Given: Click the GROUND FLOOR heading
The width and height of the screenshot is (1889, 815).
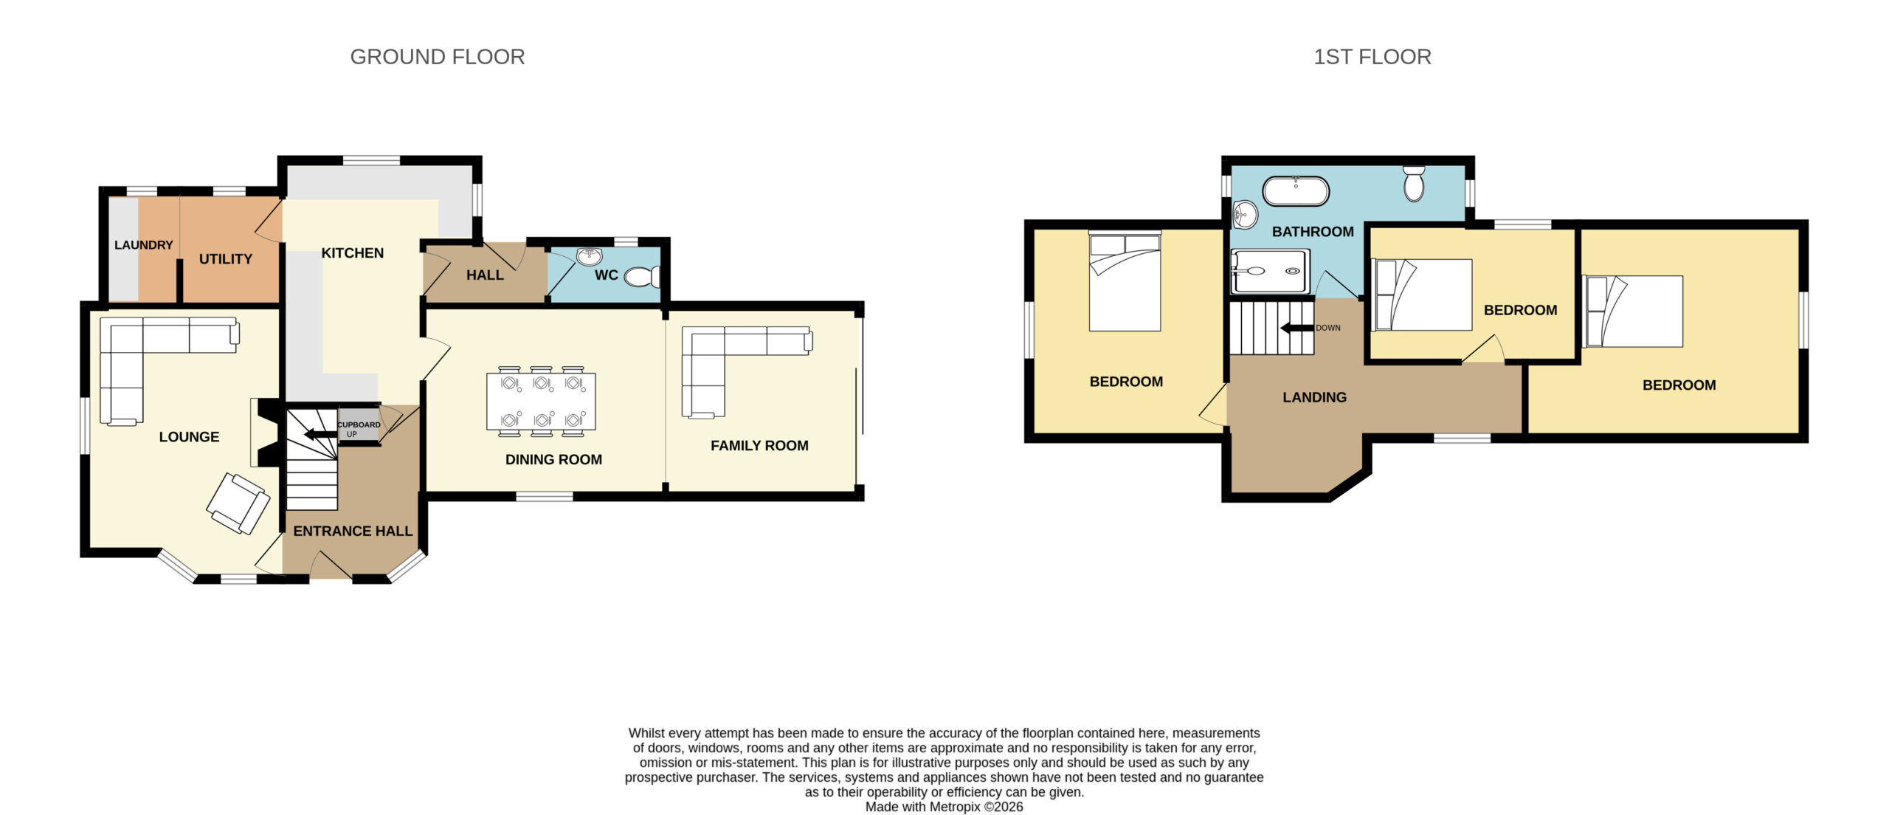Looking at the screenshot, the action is click(438, 57).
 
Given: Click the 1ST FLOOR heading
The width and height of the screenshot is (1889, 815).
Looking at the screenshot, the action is click(1372, 57).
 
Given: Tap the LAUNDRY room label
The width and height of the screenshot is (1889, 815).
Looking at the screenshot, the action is click(143, 245).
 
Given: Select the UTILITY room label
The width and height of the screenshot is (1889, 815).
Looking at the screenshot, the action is click(226, 259).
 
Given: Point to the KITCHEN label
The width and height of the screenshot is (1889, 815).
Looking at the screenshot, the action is click(353, 253).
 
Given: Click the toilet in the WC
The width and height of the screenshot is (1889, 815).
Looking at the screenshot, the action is click(642, 277).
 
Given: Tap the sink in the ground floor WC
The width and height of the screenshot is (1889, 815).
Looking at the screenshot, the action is click(590, 256).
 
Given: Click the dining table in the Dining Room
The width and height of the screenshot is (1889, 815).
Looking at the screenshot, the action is click(541, 401).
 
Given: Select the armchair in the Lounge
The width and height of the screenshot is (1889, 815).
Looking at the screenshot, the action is click(238, 503).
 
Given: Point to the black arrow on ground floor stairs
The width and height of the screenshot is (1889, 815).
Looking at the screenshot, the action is click(320, 434).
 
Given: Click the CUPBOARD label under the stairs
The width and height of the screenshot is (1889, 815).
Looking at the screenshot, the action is click(359, 424).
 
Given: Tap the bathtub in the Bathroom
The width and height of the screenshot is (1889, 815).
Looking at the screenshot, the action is click(1296, 191).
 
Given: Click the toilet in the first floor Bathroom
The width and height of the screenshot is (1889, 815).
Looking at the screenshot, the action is click(1414, 183).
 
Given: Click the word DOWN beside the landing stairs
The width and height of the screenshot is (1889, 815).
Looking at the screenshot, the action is click(1328, 328).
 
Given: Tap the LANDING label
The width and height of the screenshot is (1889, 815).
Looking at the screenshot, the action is click(1314, 397).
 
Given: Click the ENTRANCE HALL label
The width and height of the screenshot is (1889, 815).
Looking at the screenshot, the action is click(353, 531).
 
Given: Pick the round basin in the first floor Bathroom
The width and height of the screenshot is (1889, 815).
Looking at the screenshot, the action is click(1245, 215).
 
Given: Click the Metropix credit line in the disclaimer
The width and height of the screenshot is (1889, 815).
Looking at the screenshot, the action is click(944, 807).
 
